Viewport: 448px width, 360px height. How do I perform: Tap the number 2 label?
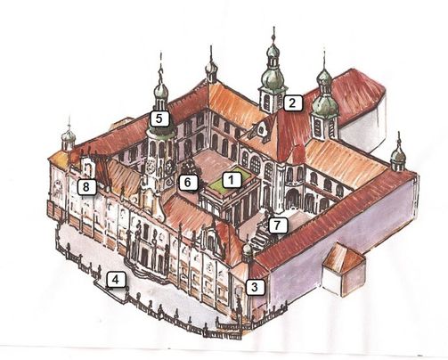[293, 103]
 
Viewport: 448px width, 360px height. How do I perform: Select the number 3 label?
[255, 287]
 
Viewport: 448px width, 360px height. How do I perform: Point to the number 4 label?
[115, 280]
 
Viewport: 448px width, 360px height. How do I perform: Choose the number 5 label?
[159, 119]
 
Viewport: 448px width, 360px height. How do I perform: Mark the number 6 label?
[188, 183]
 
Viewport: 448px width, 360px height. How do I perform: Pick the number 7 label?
[277, 225]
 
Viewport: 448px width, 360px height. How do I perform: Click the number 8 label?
[86, 187]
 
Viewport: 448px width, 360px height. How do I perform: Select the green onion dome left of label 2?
[273, 77]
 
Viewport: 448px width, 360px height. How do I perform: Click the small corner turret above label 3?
[247, 251]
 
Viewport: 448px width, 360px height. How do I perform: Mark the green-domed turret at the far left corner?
[69, 138]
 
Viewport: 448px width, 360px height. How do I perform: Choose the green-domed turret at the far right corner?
[398, 157]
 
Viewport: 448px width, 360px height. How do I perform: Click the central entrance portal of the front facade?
[145, 256]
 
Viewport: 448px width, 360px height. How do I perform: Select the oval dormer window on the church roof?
[261, 129]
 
